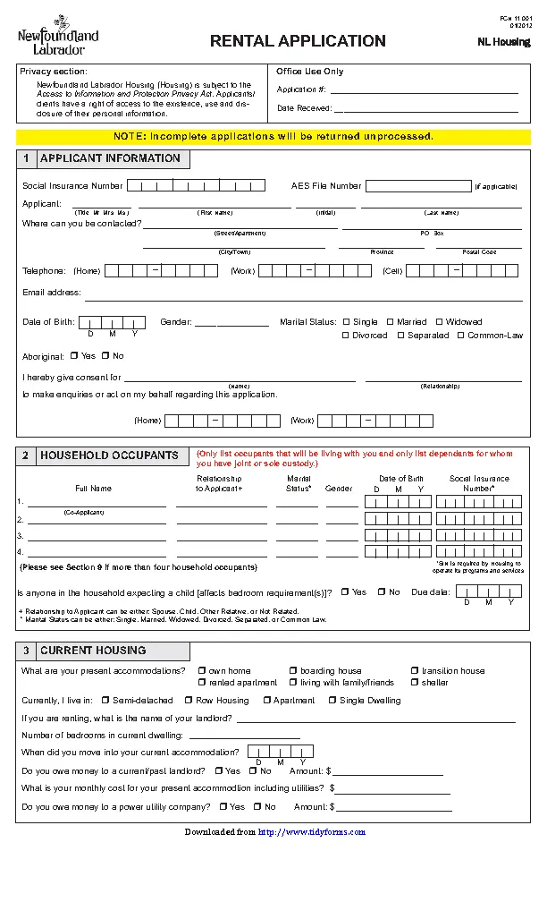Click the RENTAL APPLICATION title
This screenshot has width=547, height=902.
pyautogui.click(x=298, y=41)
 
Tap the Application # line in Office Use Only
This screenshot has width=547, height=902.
pyautogui.click(x=424, y=89)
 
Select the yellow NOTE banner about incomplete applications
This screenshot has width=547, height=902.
pyautogui.click(x=273, y=137)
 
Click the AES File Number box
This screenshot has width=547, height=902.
pyautogui.click(x=417, y=186)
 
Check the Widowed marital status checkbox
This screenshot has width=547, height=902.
pyautogui.click(x=439, y=322)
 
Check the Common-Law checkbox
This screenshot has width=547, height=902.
pyautogui.click(x=461, y=336)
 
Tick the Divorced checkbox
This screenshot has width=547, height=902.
pyautogui.click(x=346, y=336)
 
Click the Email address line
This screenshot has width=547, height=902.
pyautogui.click(x=303, y=295)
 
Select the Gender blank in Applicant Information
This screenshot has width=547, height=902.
pyautogui.click(x=231, y=323)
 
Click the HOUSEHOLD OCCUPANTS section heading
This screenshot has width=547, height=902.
pyautogui.click(x=109, y=455)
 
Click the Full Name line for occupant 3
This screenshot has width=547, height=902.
pyautogui.click(x=97, y=537)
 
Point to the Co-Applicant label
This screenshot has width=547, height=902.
pyautogui.click(x=83, y=513)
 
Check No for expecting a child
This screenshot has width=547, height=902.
pyautogui.click(x=382, y=592)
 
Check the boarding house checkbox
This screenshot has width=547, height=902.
pyautogui.click(x=293, y=671)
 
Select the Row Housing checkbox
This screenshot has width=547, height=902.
pyautogui.click(x=189, y=701)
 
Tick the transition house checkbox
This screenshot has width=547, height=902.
pyautogui.click(x=415, y=671)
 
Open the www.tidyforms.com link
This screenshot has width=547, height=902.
pyautogui.click(x=312, y=832)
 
